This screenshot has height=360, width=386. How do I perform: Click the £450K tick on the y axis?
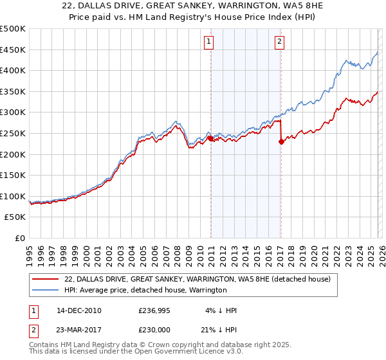tap(13, 50)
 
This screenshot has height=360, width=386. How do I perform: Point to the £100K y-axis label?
tap(13, 196)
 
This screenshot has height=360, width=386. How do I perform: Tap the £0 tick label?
tap(19, 238)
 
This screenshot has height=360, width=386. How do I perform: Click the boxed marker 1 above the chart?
tap(209, 42)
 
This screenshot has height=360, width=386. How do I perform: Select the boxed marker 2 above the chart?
tap(280, 42)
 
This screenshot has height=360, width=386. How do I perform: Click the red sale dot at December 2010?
tap(210, 138)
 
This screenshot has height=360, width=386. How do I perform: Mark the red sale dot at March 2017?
tap(281, 142)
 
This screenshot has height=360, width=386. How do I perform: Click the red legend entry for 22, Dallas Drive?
tap(197, 279)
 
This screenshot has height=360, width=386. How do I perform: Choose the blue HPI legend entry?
tap(145, 290)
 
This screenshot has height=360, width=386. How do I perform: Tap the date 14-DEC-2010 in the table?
tap(79, 310)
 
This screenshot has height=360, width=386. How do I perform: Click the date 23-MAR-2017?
tap(79, 330)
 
